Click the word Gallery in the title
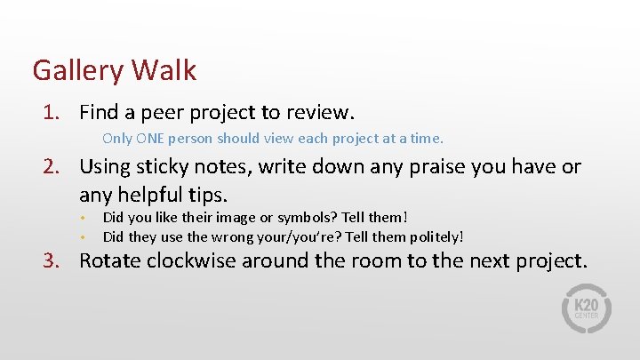pos(78,69)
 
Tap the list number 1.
pos(53,113)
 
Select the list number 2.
pos(53,167)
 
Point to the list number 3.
pos(53,261)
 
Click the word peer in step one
pos(161,114)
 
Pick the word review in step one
pos(322,113)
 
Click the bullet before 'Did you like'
pos(81,218)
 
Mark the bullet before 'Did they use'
pos(81,237)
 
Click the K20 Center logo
pos(587,309)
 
